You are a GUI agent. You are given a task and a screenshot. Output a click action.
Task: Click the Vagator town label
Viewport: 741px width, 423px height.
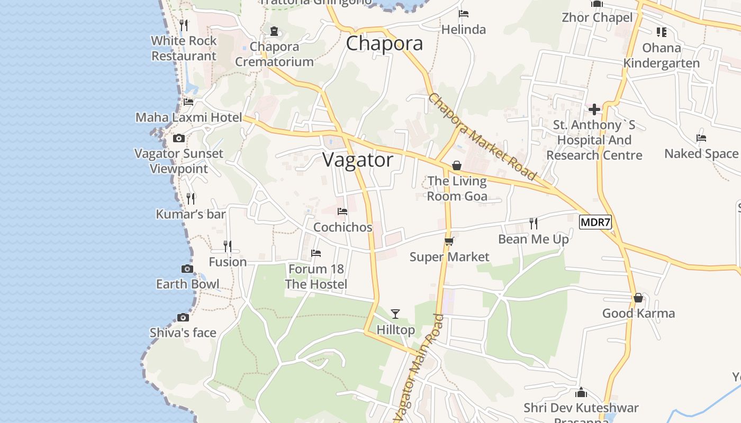pyautogui.click(x=358, y=160)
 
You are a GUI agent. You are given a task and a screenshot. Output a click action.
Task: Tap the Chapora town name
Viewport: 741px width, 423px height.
pyautogui.click(x=384, y=43)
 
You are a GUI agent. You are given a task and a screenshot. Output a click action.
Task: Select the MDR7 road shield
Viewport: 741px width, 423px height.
pyautogui.click(x=595, y=222)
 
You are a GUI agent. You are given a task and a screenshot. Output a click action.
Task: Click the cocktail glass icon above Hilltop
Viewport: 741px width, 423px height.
pyautogui.click(x=395, y=314)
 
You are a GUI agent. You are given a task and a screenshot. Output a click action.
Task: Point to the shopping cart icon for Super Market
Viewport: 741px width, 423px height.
pyautogui.click(x=449, y=242)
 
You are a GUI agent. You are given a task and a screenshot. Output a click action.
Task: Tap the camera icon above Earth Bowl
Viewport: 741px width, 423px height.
pyautogui.click(x=187, y=269)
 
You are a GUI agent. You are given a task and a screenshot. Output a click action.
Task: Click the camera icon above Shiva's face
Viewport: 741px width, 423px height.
pyautogui.click(x=183, y=317)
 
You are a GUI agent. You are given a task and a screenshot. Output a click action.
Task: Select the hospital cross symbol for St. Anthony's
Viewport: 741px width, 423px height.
pyautogui.click(x=594, y=109)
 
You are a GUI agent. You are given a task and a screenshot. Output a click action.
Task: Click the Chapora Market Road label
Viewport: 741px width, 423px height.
pyautogui.click(x=482, y=137)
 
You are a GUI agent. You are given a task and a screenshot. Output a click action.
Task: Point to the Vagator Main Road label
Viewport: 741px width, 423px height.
pyautogui.click(x=419, y=368)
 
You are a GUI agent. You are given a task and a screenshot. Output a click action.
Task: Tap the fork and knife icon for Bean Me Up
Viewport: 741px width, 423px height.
pyautogui.click(x=534, y=224)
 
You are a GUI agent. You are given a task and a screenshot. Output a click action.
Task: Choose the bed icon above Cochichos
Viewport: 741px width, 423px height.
pyautogui.click(x=342, y=212)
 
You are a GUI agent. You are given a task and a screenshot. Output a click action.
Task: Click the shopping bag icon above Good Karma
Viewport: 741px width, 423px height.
pyautogui.click(x=638, y=298)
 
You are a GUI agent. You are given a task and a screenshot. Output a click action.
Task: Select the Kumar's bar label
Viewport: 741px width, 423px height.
pyautogui.click(x=191, y=214)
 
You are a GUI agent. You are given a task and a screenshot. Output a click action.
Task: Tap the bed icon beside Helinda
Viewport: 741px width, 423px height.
pyautogui.click(x=464, y=14)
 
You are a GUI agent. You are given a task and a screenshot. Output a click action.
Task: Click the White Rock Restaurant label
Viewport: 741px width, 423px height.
pyautogui.click(x=184, y=48)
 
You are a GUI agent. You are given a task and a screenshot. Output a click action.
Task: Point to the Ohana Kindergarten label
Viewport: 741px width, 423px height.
pyautogui.click(x=661, y=56)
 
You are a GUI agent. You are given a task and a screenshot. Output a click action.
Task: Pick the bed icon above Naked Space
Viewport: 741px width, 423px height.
pyautogui.click(x=701, y=138)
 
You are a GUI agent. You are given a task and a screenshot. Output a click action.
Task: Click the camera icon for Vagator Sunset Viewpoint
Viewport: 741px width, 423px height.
pyautogui.click(x=179, y=139)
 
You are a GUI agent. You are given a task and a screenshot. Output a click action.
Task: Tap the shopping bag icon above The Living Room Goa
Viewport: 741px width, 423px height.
pyautogui.click(x=456, y=166)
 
